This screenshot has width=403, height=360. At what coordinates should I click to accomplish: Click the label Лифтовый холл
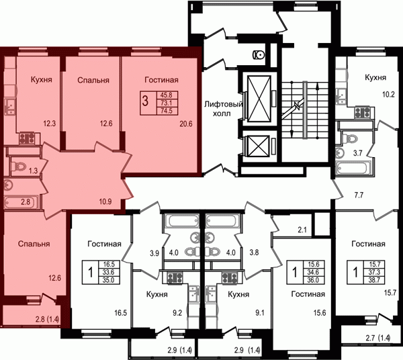click(x=224, y=109)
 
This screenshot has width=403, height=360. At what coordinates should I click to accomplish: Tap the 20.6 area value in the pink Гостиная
click(x=186, y=124)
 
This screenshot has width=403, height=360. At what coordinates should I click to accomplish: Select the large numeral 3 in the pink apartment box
click(x=146, y=101)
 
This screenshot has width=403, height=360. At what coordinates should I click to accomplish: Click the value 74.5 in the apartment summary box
click(x=167, y=111)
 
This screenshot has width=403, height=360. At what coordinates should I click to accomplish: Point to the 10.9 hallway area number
click(x=105, y=201)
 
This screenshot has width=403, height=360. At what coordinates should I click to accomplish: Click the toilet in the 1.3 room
click(x=19, y=166)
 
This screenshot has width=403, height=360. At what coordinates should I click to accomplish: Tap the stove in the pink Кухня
click(x=27, y=138)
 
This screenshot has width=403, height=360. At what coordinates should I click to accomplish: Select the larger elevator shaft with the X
click(x=259, y=98)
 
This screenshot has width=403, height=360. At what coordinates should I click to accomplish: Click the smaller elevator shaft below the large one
click(x=257, y=146)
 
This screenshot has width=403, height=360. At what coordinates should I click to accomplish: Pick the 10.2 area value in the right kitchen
click(x=388, y=95)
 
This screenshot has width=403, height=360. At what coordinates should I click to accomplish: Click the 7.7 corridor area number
click(x=359, y=195)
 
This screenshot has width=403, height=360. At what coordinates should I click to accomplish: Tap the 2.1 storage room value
click(x=302, y=230)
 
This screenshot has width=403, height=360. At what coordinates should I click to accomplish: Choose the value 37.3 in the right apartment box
click(x=374, y=272)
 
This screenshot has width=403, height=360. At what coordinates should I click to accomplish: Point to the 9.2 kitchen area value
click(x=177, y=313)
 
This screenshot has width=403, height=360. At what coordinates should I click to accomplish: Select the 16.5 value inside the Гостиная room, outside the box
click(x=121, y=313)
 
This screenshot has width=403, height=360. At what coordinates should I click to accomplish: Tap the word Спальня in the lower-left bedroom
click(x=34, y=244)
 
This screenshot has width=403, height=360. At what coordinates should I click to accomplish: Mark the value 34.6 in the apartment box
click(x=313, y=272)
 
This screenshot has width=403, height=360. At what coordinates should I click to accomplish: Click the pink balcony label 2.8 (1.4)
click(x=48, y=320)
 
